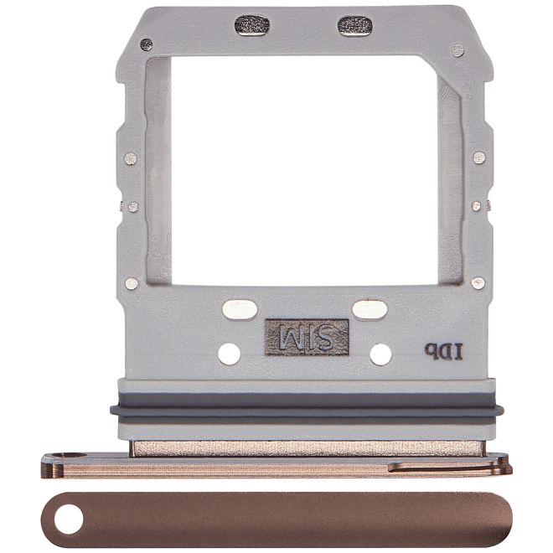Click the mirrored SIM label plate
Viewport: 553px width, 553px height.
coord(307,337)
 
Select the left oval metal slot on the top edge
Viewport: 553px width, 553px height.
coord(251,25)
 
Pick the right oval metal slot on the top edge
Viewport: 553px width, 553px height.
coord(354,25)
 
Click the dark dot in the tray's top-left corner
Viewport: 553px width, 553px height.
coord(147,44)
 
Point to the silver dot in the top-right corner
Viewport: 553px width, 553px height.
coord(457,50)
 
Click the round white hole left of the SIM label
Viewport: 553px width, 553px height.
coord(229,354)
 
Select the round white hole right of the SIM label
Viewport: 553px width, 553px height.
coord(380,354)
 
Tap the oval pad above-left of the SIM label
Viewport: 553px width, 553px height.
coord(240,310)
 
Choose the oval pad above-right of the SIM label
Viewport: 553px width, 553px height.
coord(370,310)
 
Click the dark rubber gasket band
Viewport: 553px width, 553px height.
coord(307,411)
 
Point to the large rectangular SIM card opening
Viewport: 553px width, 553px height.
coord(306,168)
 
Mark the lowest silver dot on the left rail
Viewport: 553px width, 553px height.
coord(132,283)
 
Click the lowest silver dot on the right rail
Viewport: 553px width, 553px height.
coord(478,283)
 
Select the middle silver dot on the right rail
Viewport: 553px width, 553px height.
coord(476,205)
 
